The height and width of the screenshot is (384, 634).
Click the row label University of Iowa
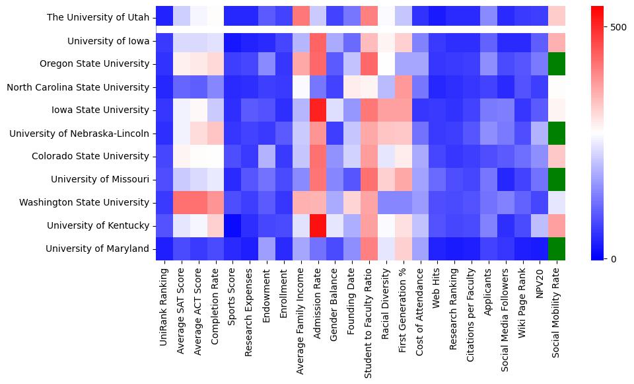[x=108, y=41]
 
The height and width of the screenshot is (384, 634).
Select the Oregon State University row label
[x=98, y=64]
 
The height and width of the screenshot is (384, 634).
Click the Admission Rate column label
[x=318, y=301]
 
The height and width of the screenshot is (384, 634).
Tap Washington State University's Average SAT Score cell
[x=181, y=202]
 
